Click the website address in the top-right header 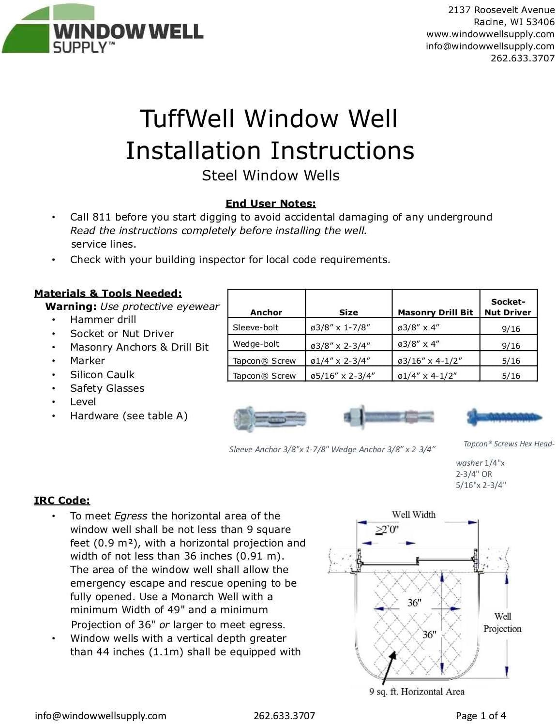click(490, 34)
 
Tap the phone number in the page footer click(284, 715)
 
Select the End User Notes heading click(270, 204)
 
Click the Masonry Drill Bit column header click(435, 312)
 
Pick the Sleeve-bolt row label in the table click(255, 327)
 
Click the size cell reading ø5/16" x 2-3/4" click(343, 375)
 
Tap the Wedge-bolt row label click(255, 344)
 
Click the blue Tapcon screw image click(503, 416)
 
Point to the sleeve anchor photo click(269, 418)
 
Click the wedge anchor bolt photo click(388, 416)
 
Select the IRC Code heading click(62, 501)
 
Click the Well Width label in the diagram click(413, 515)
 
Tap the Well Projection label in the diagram click(502, 622)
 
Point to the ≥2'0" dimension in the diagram click(387, 529)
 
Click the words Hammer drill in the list click(103, 320)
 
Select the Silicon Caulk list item click(102, 375)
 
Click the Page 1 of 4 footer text click(481, 715)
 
